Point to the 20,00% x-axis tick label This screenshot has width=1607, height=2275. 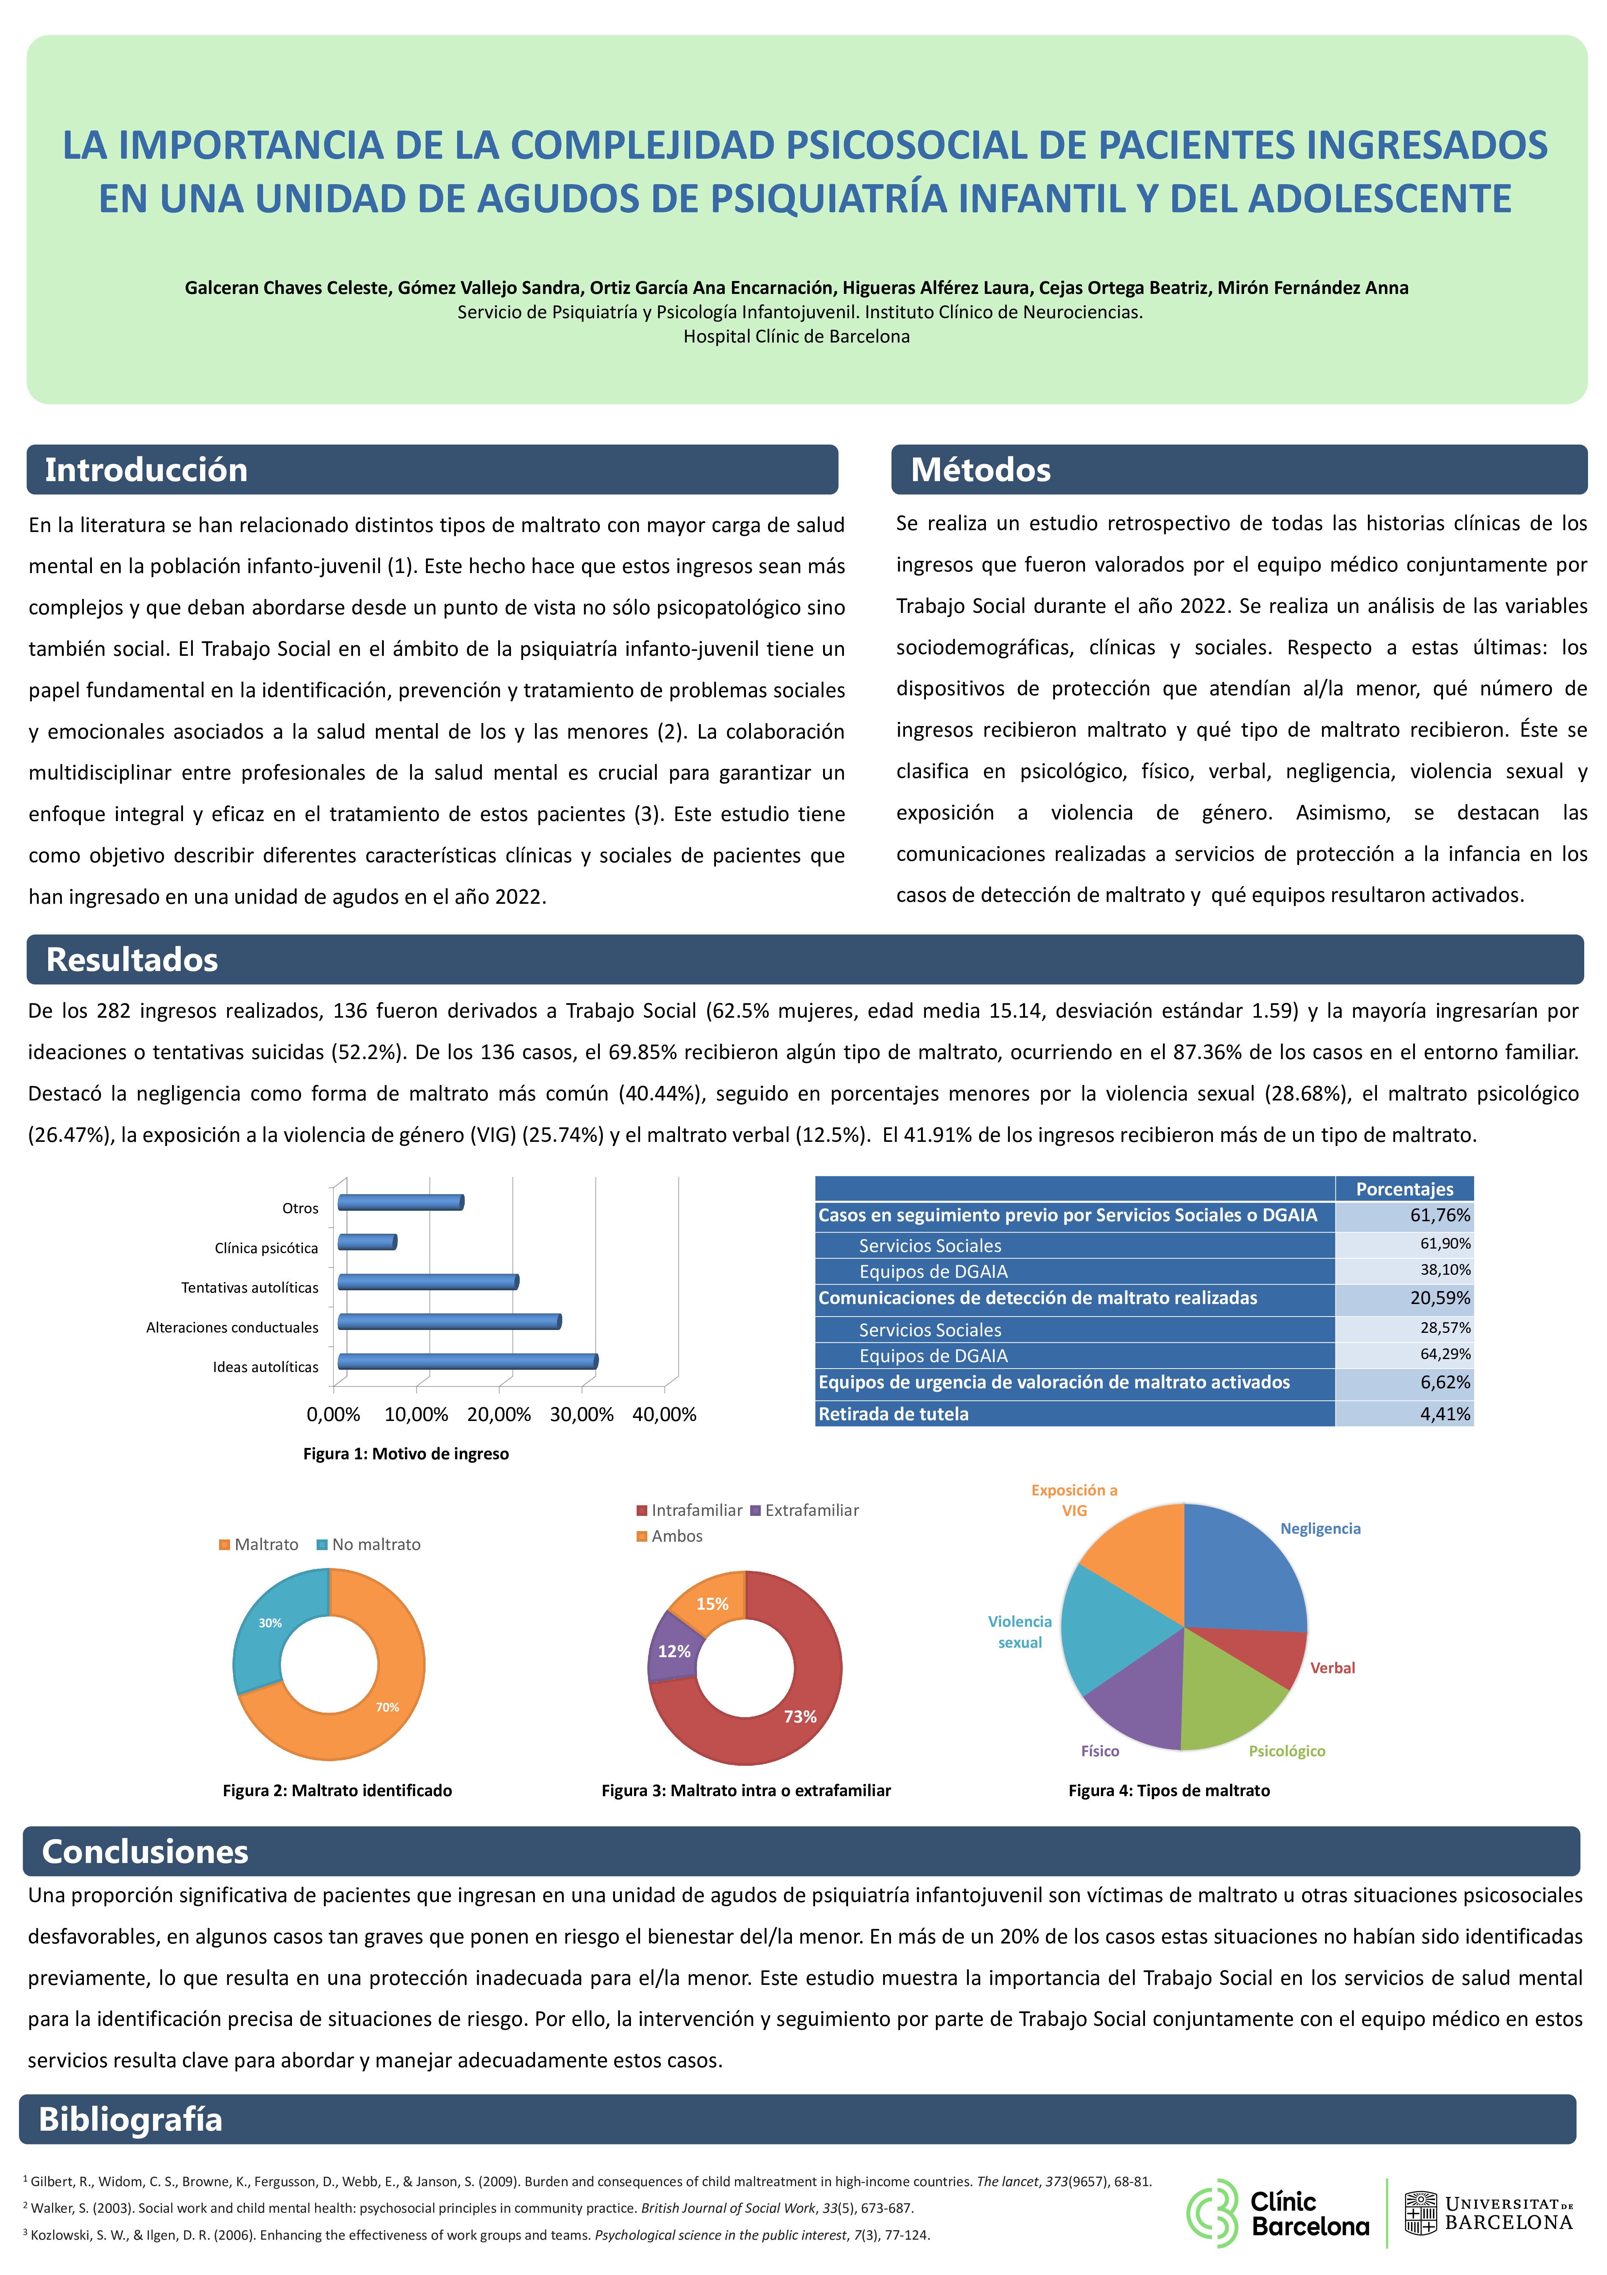(498, 1414)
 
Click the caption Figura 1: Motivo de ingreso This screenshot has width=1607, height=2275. (405, 1454)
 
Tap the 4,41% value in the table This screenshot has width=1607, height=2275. (1445, 1414)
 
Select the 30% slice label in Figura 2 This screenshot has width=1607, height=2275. (270, 1623)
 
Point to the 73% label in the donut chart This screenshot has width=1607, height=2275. (800, 1717)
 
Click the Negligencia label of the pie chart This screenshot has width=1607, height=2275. (1320, 1529)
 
